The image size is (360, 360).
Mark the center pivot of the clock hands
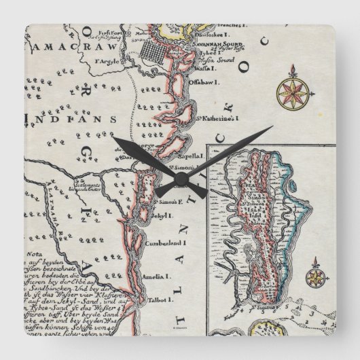(180, 180)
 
